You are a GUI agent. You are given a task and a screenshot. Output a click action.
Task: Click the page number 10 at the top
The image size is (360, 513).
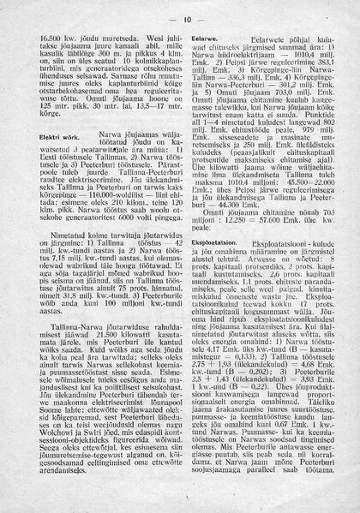[x=186, y=19]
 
